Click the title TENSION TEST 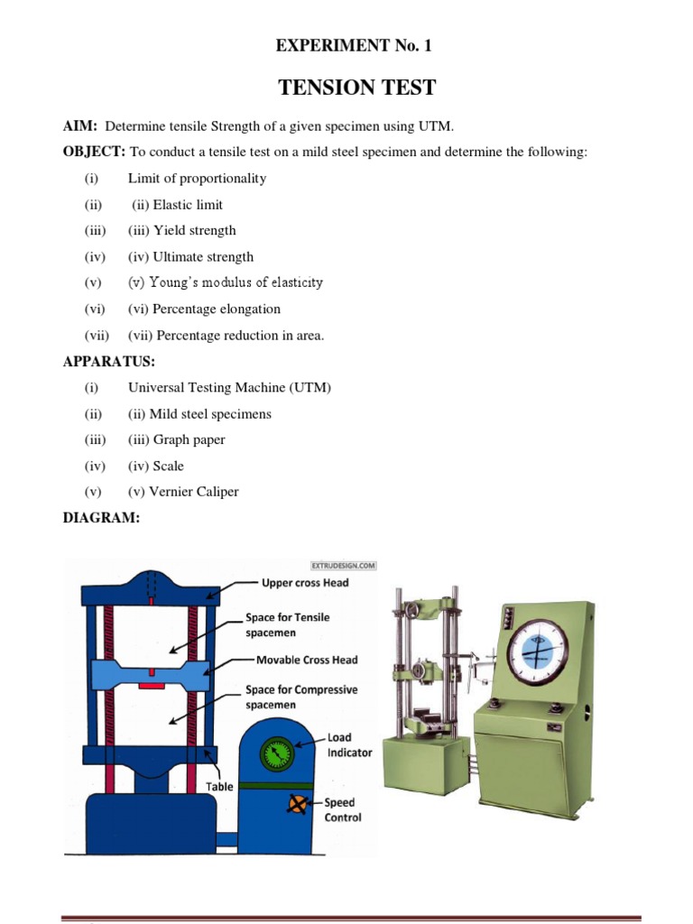[x=357, y=88]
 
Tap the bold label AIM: [x=79, y=125]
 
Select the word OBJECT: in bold [x=95, y=152]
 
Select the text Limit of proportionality [x=197, y=178]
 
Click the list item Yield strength [x=194, y=230]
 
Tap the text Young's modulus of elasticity [x=237, y=282]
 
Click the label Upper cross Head [x=304, y=583]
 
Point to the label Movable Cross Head [x=307, y=660]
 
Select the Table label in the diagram [x=219, y=786]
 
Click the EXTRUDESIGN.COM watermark [x=343, y=566]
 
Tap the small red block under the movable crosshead [x=151, y=687]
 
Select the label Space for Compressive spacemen [x=301, y=697]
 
